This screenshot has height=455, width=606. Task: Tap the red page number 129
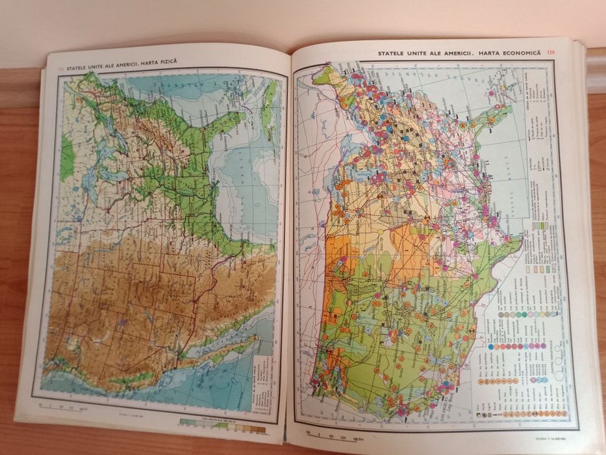tap(551, 53)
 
